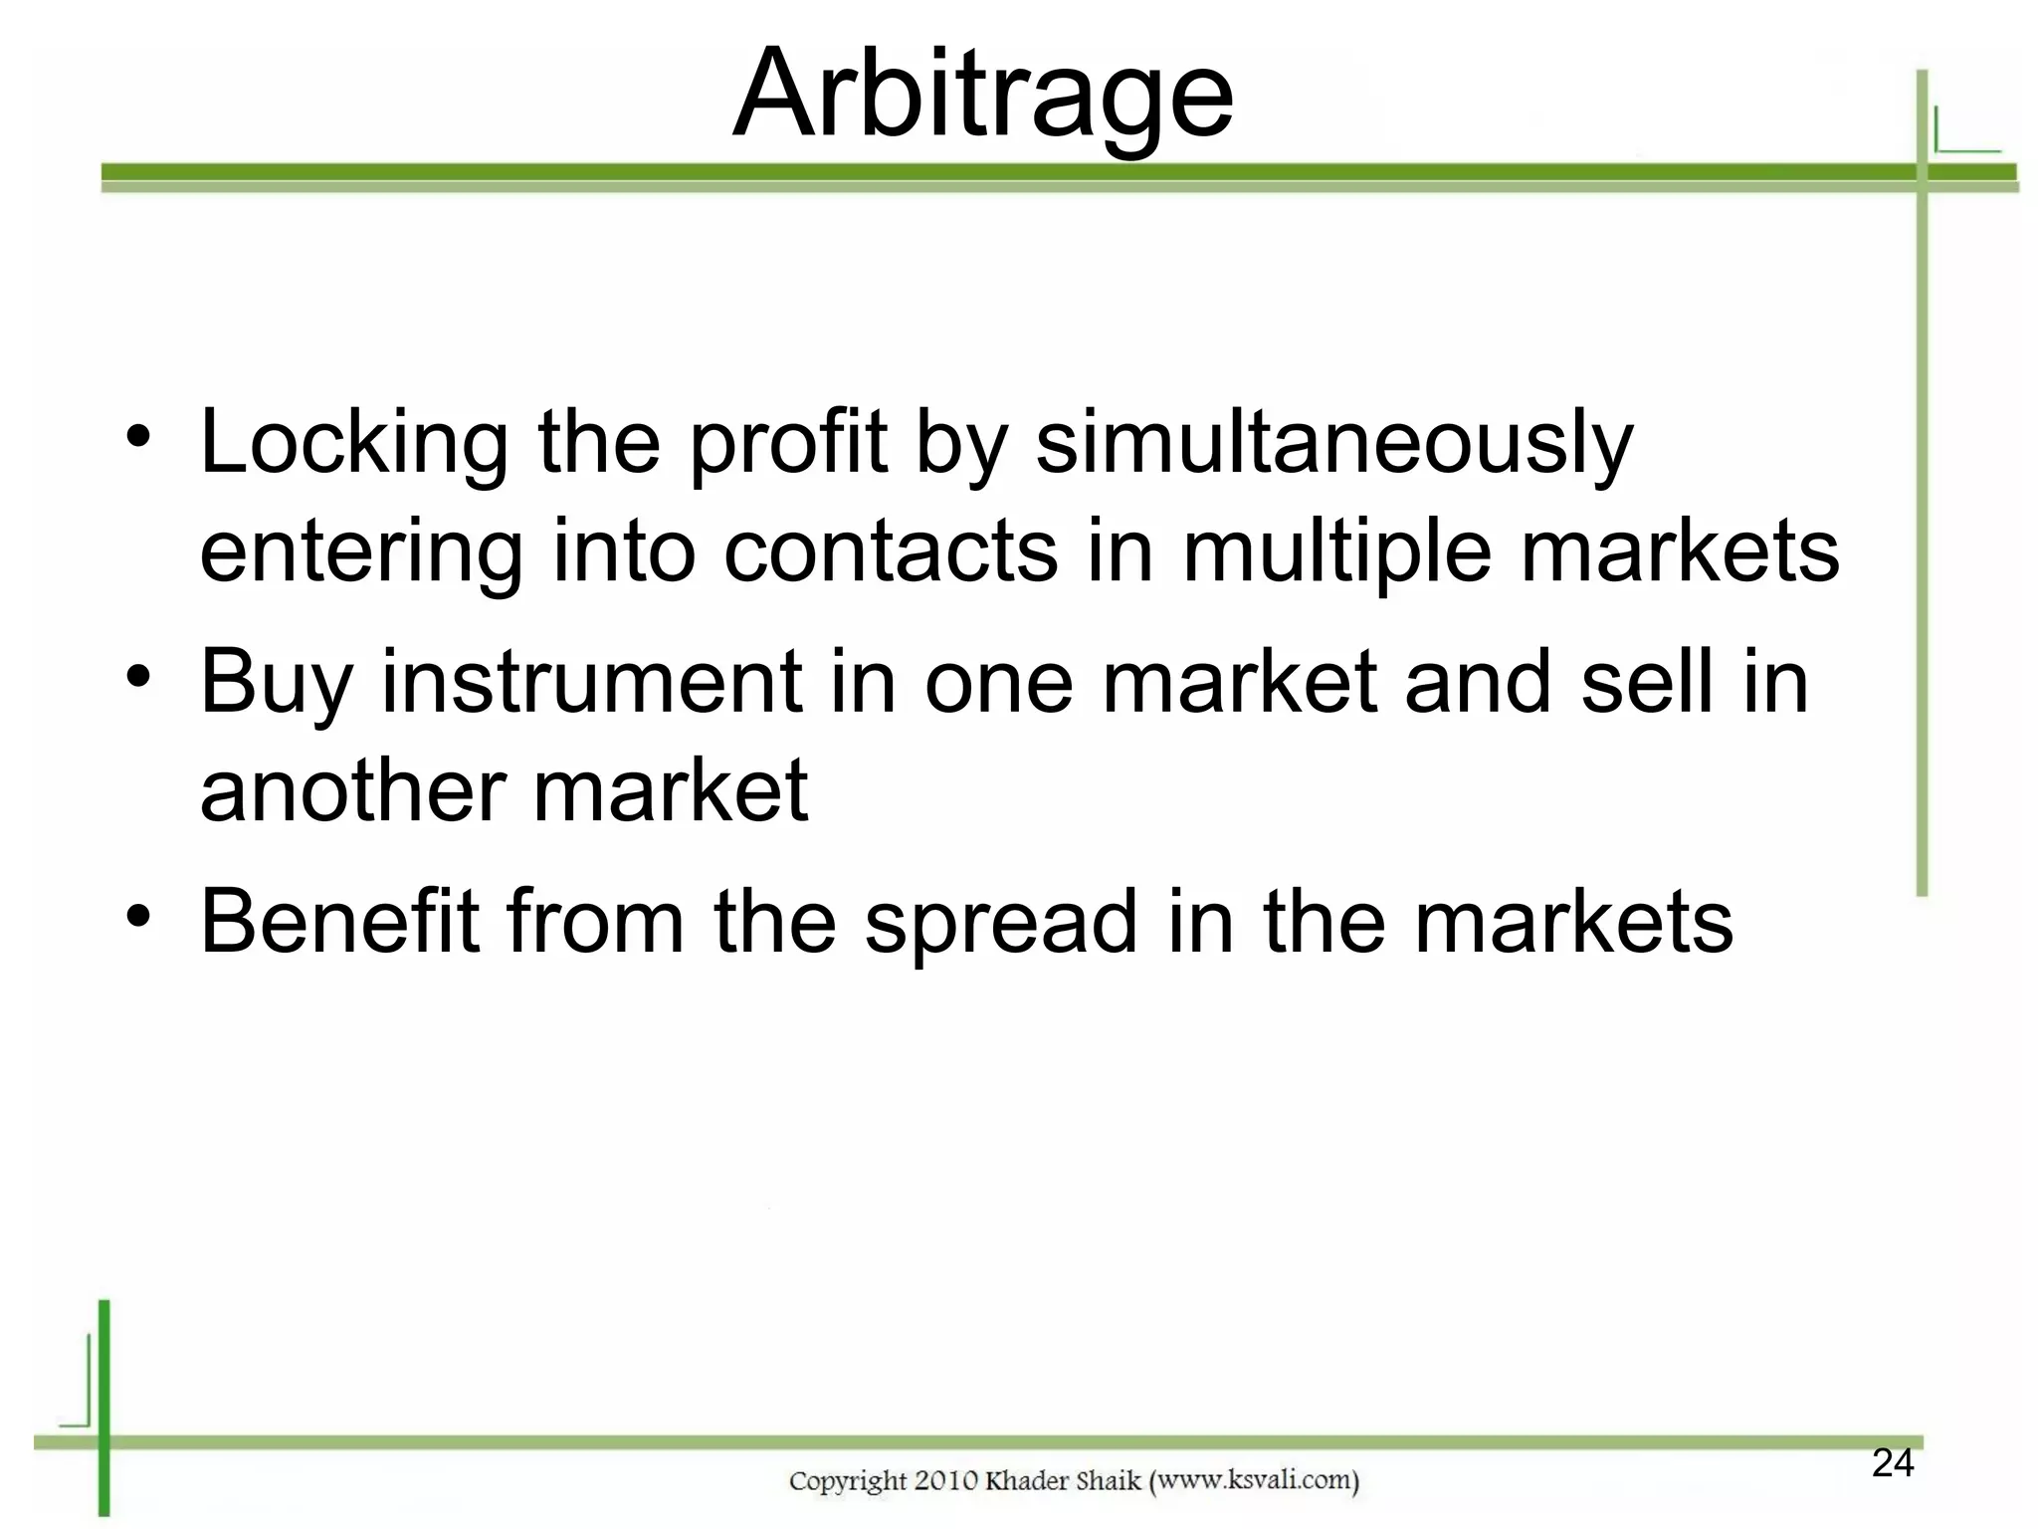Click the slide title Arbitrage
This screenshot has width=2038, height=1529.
[x=983, y=96]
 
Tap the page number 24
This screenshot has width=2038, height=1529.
[x=1892, y=1462]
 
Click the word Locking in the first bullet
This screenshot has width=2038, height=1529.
[x=354, y=443]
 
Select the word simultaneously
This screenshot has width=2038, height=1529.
[x=1334, y=443]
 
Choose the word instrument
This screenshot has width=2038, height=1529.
[x=592, y=682]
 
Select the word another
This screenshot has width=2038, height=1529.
[x=353, y=790]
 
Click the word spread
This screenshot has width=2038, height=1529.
[x=1001, y=923]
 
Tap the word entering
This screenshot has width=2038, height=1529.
[x=361, y=552]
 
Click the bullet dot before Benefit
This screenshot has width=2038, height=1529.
[x=138, y=914]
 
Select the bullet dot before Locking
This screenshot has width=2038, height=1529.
[x=138, y=436]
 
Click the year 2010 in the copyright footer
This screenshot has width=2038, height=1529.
[x=945, y=1481]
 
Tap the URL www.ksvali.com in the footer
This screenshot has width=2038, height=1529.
[x=1254, y=1480]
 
